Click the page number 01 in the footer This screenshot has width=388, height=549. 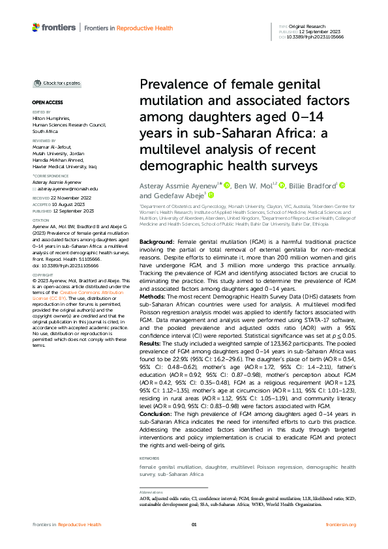pos(194,524)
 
